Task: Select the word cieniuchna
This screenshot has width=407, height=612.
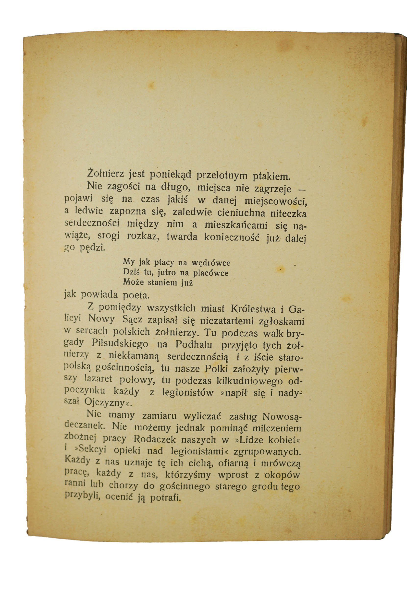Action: tap(241, 213)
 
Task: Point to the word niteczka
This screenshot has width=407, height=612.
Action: tap(288, 214)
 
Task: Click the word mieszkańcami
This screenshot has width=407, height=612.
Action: tap(236, 225)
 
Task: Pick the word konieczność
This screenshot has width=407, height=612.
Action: tap(232, 237)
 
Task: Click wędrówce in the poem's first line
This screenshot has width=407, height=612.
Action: tap(211, 263)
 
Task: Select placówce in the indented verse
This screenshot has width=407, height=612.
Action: tap(210, 273)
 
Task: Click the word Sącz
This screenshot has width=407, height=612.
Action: tap(132, 320)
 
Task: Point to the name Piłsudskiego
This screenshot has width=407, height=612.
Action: tap(120, 344)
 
